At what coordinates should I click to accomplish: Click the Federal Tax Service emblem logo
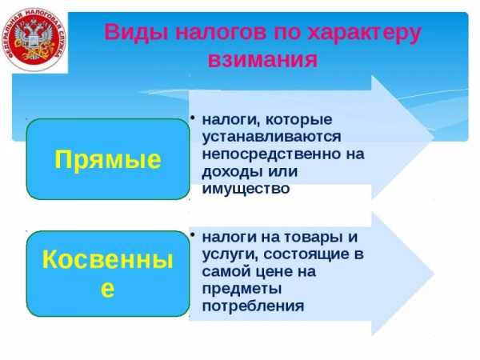point(34,39)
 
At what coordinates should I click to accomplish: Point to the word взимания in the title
point(262,59)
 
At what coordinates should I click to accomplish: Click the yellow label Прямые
point(108,159)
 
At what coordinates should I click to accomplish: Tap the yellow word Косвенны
point(108,259)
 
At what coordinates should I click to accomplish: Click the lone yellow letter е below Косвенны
point(108,290)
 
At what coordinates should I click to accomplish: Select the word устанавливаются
point(271,137)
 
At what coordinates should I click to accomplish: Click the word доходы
point(230,172)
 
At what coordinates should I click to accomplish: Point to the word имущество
point(246,189)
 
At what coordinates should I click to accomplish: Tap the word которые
point(298,120)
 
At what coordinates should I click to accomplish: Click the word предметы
point(242,289)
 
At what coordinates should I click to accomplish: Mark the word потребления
point(253,306)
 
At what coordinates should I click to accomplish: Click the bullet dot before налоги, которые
point(192,117)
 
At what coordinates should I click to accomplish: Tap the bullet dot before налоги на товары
point(192,234)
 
